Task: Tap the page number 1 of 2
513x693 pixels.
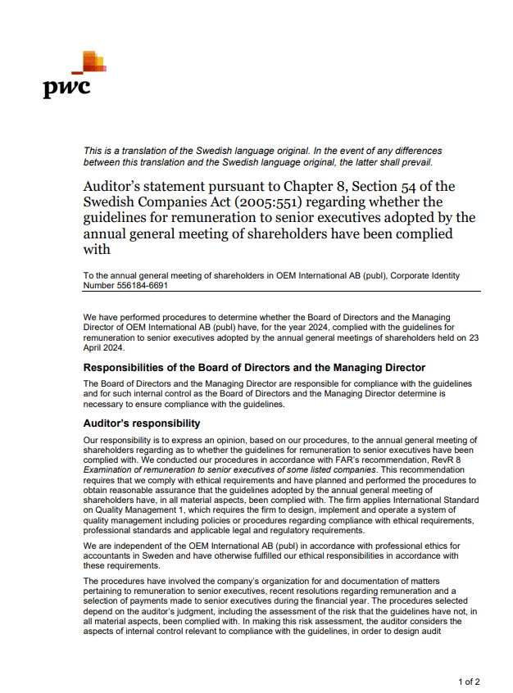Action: point(468,682)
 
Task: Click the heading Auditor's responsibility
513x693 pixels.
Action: point(142,423)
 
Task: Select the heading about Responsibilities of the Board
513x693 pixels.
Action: point(254,367)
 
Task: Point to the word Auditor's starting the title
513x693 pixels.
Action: point(113,186)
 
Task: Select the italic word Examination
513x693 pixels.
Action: point(111,469)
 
